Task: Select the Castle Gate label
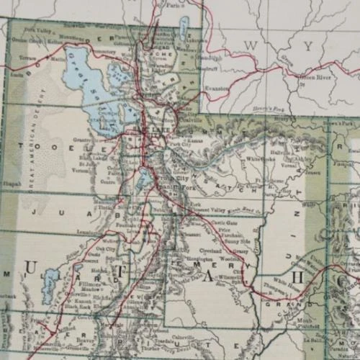tap(217, 226)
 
